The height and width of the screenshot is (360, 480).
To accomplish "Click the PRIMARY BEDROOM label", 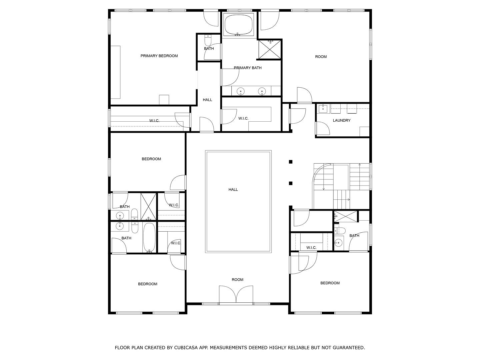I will pos(159,56).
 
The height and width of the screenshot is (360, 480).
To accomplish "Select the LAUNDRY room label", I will pos(341,120).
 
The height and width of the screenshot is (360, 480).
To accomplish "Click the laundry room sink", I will pos(323,109).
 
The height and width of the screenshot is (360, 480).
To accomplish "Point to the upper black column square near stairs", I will pos(291,162).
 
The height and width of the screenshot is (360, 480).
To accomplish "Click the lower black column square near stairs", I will pos(291,183).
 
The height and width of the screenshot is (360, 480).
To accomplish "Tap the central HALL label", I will pos(233,190).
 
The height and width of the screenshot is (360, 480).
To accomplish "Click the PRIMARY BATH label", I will pos(247,68).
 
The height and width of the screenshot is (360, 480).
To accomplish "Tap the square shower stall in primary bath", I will pos(270,49).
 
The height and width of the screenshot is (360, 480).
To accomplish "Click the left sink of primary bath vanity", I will pos(240,91).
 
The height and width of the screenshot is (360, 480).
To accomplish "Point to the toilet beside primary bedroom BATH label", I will pos(208,41).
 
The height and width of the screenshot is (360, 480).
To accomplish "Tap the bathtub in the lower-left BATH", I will pos(149,237).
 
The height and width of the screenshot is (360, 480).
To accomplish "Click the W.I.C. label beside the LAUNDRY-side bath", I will pos(311,248).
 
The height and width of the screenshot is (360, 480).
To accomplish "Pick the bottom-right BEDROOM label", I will pos(330,283).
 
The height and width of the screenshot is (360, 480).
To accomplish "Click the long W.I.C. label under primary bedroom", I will pos(154,121).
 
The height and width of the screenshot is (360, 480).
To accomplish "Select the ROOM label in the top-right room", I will pos(321,57).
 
